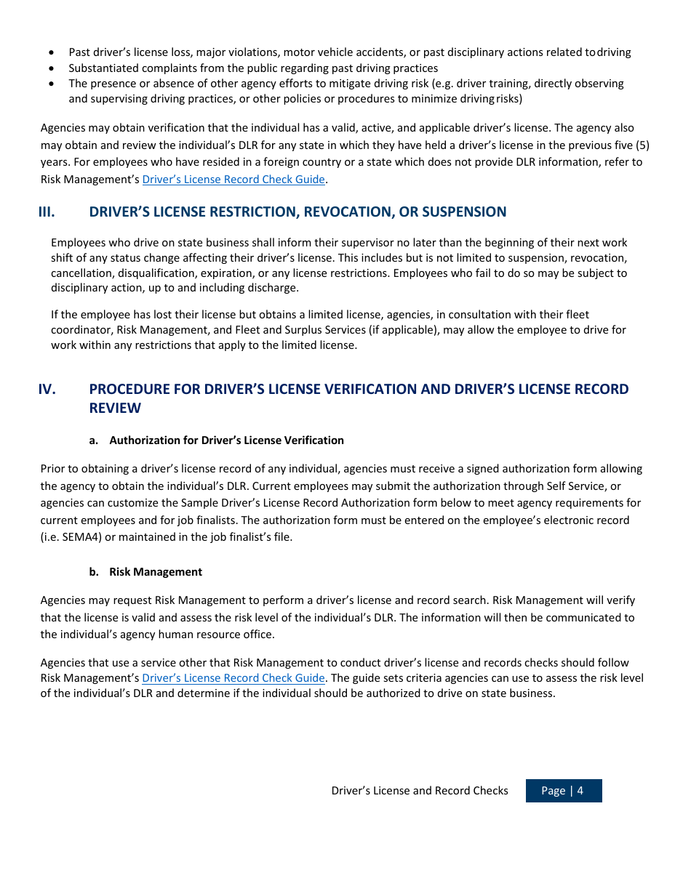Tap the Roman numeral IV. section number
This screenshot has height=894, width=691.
pos(47,390)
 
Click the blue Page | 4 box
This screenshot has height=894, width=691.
pos(563,791)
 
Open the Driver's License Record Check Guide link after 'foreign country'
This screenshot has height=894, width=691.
pos(233,180)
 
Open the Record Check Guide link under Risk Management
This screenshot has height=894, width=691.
pos(233,678)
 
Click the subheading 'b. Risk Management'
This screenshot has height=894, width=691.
pos(145,572)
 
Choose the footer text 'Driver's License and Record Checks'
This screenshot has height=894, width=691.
pos(420,791)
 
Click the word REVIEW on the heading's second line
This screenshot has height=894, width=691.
pos(115,408)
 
